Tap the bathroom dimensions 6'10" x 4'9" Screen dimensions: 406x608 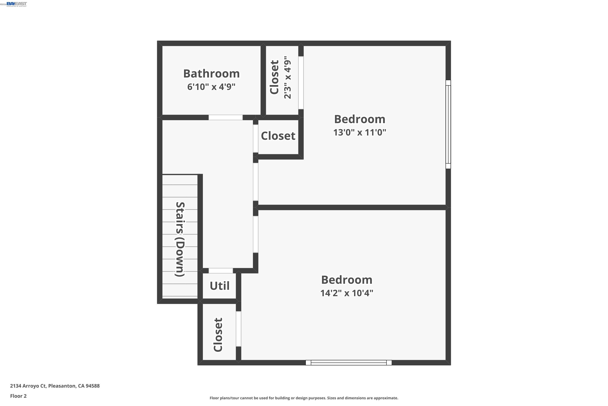click(211, 87)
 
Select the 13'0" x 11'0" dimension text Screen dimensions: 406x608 click(359, 133)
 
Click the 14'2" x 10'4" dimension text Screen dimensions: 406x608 click(346, 293)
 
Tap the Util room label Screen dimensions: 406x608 click(219, 286)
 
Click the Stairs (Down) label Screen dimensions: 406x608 click(180, 239)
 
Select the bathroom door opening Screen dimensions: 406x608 click(225, 117)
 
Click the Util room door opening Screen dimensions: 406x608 click(221, 271)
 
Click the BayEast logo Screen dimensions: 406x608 click(17, 4)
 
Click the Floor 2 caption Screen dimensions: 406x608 click(18, 396)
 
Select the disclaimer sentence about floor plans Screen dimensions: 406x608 click(304, 398)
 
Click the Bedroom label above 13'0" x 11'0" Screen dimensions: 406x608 click(359, 119)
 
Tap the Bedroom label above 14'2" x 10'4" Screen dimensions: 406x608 click(346, 280)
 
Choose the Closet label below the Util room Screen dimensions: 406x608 click(218, 335)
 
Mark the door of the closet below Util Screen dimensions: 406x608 click(238, 329)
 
